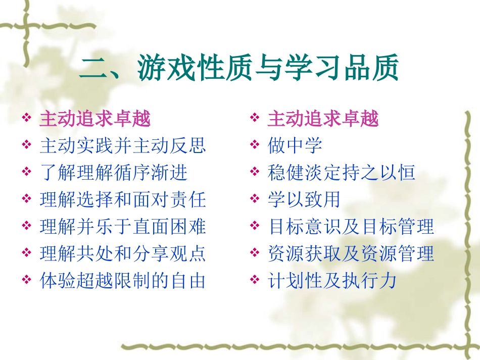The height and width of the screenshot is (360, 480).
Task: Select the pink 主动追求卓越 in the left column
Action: (95, 119)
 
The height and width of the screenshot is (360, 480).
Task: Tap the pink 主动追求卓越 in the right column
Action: (323, 119)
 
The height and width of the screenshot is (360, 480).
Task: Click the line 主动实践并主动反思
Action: (123, 146)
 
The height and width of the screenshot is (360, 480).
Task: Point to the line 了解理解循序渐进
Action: (114, 173)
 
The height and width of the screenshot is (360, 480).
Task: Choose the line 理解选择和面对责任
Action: (123, 200)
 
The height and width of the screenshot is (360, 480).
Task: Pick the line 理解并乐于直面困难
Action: (123, 227)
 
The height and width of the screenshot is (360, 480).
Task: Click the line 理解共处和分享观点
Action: (123, 253)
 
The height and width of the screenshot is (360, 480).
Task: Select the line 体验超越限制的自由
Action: (123, 281)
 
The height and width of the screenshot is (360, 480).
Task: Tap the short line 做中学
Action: (295, 146)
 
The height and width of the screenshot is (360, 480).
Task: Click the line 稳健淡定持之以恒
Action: (342, 173)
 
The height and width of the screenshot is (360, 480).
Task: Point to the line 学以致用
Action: (304, 200)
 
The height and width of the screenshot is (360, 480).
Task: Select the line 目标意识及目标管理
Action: (351, 227)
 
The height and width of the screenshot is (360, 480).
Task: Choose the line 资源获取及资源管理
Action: (351, 253)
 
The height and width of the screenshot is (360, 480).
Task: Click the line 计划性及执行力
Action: (332, 281)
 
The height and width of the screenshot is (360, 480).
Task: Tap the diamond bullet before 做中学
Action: (255, 146)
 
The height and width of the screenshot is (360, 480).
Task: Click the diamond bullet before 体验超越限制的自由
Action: (27, 281)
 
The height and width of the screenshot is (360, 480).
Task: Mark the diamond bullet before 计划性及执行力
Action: (255, 281)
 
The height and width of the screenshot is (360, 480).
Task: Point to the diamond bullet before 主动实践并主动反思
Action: (27, 146)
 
